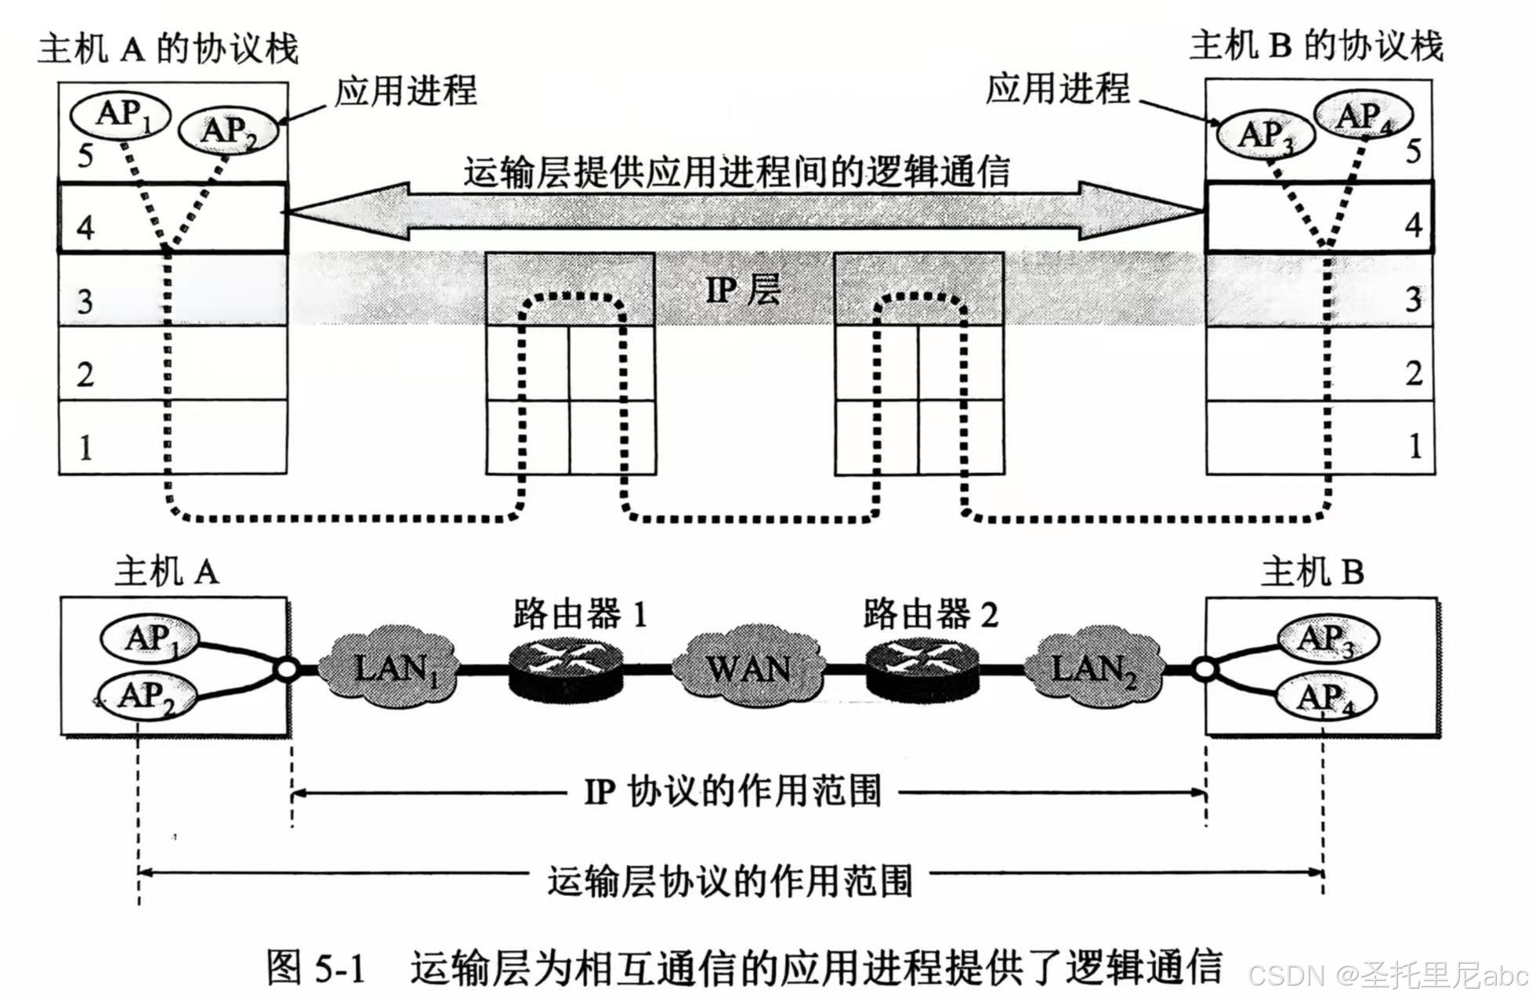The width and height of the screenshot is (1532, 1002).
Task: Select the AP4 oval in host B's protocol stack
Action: point(1363,117)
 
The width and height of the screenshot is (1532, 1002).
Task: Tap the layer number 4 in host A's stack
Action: point(85,228)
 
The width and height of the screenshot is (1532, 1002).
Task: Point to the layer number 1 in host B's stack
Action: point(1414,447)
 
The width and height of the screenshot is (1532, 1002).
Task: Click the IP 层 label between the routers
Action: point(743,290)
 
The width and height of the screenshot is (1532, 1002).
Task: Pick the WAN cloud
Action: point(748,668)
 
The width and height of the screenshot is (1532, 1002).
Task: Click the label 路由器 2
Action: point(931,615)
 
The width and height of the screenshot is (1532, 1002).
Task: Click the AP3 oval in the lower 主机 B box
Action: point(1327,638)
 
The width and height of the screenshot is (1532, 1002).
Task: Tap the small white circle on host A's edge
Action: point(285,671)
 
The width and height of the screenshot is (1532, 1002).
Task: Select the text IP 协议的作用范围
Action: point(733,792)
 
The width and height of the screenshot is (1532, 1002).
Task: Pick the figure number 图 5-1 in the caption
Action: point(316,968)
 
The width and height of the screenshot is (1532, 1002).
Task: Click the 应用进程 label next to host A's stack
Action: point(405,91)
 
